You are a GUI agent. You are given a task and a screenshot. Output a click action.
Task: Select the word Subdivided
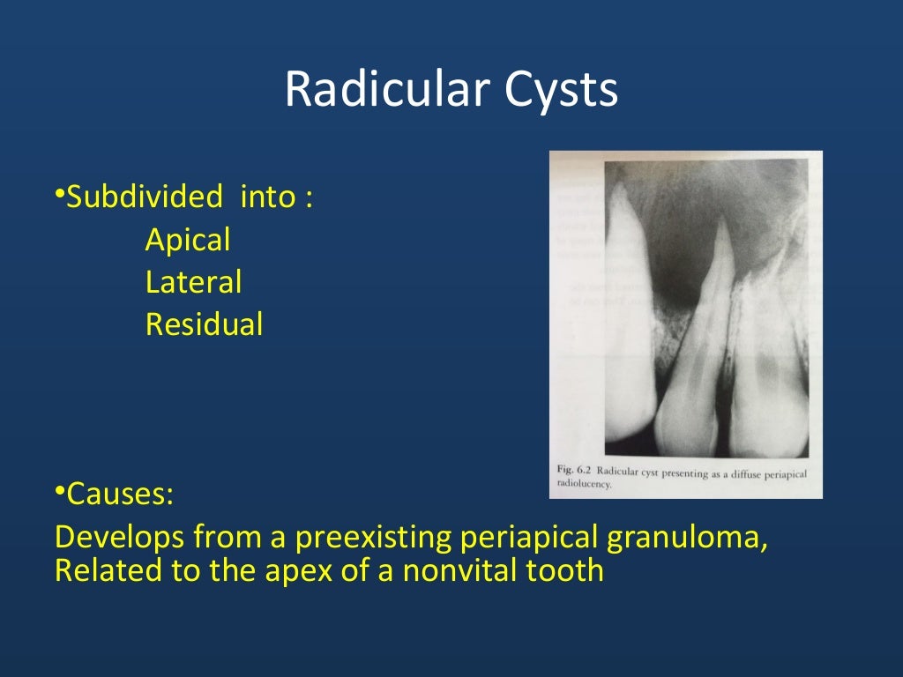click(x=145, y=197)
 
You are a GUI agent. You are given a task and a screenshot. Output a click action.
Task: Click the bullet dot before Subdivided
click(x=59, y=193)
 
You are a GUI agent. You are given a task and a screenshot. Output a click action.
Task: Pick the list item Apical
click(x=188, y=240)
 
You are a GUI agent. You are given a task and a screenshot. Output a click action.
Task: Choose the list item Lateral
click(x=193, y=283)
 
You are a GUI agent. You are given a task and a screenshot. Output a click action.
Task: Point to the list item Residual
click(x=204, y=325)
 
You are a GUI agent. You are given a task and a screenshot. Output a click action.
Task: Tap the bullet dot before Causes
click(x=59, y=490)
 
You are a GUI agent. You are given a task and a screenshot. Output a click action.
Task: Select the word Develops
click(x=120, y=537)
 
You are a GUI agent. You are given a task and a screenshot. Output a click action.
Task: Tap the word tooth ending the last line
click(x=567, y=570)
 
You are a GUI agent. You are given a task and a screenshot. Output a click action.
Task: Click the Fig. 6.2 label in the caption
click(x=574, y=473)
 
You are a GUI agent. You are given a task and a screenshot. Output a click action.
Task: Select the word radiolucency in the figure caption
click(x=584, y=485)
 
